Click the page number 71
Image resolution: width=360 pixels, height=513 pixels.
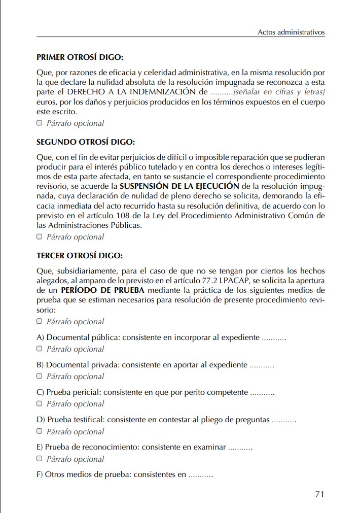(319, 494)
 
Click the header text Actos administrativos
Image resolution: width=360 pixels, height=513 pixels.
(291, 32)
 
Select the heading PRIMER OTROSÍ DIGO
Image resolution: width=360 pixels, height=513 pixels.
(80, 57)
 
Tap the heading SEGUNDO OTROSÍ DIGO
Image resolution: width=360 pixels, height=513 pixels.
(86, 142)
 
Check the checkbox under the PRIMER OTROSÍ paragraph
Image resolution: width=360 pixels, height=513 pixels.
(40, 123)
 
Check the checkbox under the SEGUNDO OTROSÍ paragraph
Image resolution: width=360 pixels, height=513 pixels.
(40, 237)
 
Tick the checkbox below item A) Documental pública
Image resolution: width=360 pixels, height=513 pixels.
(40, 349)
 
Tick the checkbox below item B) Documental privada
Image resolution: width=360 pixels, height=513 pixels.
(40, 377)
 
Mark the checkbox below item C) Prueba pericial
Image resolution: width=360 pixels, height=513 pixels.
(40, 404)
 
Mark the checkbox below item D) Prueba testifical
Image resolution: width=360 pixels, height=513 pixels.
(40, 432)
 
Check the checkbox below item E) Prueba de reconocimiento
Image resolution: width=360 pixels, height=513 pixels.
(40, 459)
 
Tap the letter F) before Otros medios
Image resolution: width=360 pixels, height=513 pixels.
(40, 475)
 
